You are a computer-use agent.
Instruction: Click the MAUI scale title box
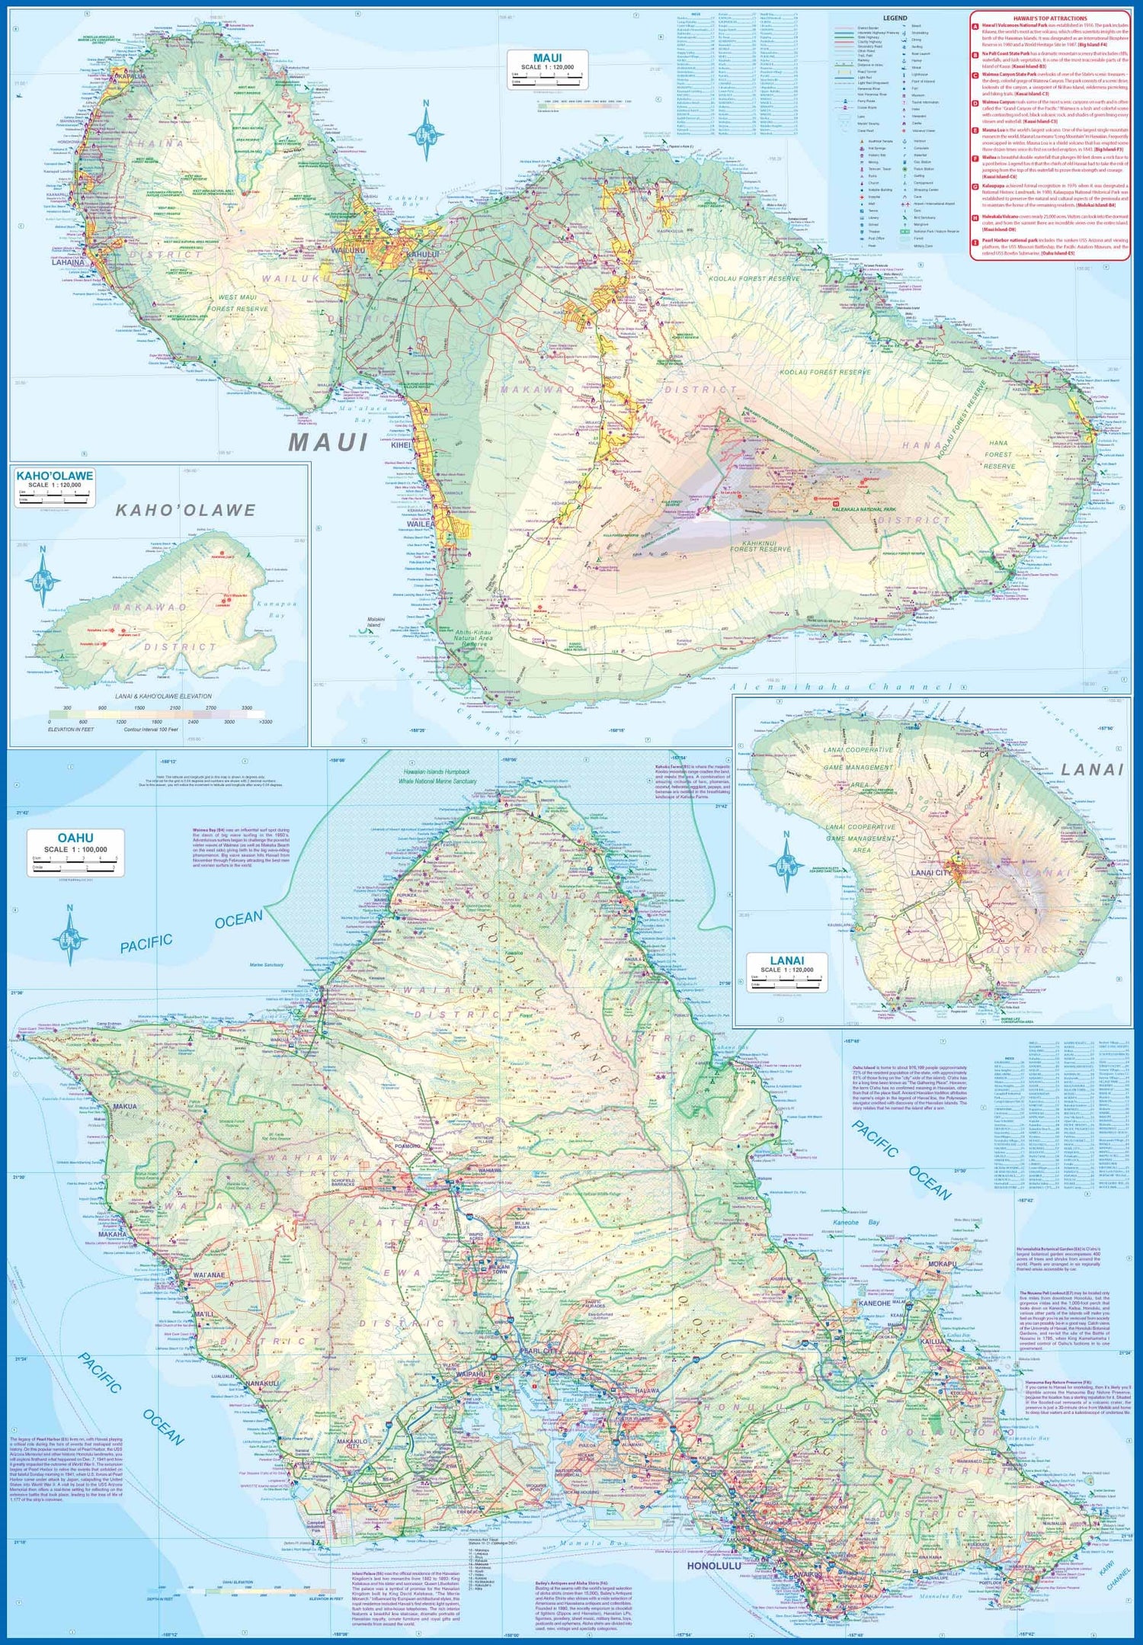(x=547, y=69)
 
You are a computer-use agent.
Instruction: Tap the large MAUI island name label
(x=328, y=442)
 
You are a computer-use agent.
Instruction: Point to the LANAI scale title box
(x=786, y=972)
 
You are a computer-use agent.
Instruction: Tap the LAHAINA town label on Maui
(x=68, y=263)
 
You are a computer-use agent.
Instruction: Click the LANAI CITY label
(x=928, y=873)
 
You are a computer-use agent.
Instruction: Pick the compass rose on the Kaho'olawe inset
(x=43, y=579)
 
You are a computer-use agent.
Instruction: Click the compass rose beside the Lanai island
(x=786, y=864)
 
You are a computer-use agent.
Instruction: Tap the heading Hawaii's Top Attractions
(x=1049, y=18)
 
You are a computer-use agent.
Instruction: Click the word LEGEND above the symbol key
(x=895, y=18)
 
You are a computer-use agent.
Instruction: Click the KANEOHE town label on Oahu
(x=875, y=1324)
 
